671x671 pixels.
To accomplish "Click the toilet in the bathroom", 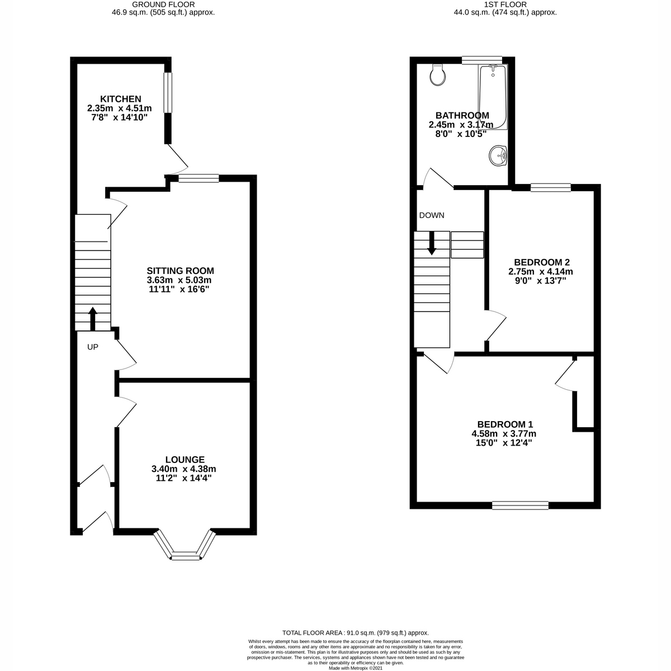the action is point(438,74).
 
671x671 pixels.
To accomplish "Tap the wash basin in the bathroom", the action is point(498,155).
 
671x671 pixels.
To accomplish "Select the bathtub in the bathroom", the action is point(493,97).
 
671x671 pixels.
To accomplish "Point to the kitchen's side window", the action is point(168,93).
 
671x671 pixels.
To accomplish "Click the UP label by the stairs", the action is point(93,347).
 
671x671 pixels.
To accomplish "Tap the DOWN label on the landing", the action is point(432,215).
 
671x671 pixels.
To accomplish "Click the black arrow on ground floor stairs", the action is point(93,319).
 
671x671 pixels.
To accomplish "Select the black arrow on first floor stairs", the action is point(432,243).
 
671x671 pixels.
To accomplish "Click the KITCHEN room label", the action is point(120,99).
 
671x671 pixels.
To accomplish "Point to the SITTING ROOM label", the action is point(180,271).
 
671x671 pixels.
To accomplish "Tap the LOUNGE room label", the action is point(185,460).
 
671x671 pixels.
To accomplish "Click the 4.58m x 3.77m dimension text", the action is point(504,434).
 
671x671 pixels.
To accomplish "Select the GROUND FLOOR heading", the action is point(163,4).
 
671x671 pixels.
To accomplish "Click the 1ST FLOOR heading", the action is point(505,4).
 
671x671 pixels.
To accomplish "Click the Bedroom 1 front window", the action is point(520,505).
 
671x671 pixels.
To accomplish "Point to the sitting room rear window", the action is point(199,178).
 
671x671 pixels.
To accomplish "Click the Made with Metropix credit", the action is point(356,668).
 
